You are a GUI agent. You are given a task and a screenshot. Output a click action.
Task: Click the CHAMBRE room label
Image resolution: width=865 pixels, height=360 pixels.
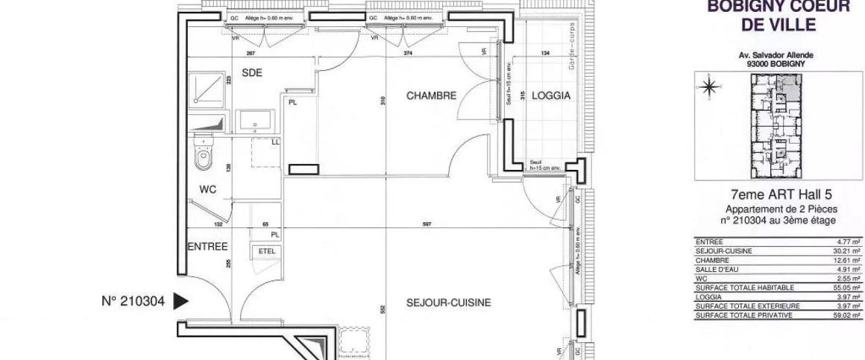[431, 96]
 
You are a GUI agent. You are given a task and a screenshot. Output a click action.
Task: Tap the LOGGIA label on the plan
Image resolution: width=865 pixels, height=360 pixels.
[551, 96]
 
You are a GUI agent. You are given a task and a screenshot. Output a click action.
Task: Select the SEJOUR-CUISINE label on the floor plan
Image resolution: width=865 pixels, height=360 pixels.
[448, 303]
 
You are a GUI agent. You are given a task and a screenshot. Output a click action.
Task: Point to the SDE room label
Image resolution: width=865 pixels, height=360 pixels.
[252, 72]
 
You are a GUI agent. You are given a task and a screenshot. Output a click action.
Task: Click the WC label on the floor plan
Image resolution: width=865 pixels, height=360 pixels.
[208, 190]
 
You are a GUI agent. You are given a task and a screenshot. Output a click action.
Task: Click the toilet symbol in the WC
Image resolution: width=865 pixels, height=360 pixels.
[203, 154]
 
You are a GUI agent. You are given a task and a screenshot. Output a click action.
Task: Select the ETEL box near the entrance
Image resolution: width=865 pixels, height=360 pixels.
[266, 252]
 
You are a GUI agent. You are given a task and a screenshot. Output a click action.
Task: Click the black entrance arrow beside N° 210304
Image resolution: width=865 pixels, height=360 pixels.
[179, 301]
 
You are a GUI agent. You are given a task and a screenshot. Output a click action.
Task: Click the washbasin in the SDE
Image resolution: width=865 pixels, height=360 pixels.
[258, 121]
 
